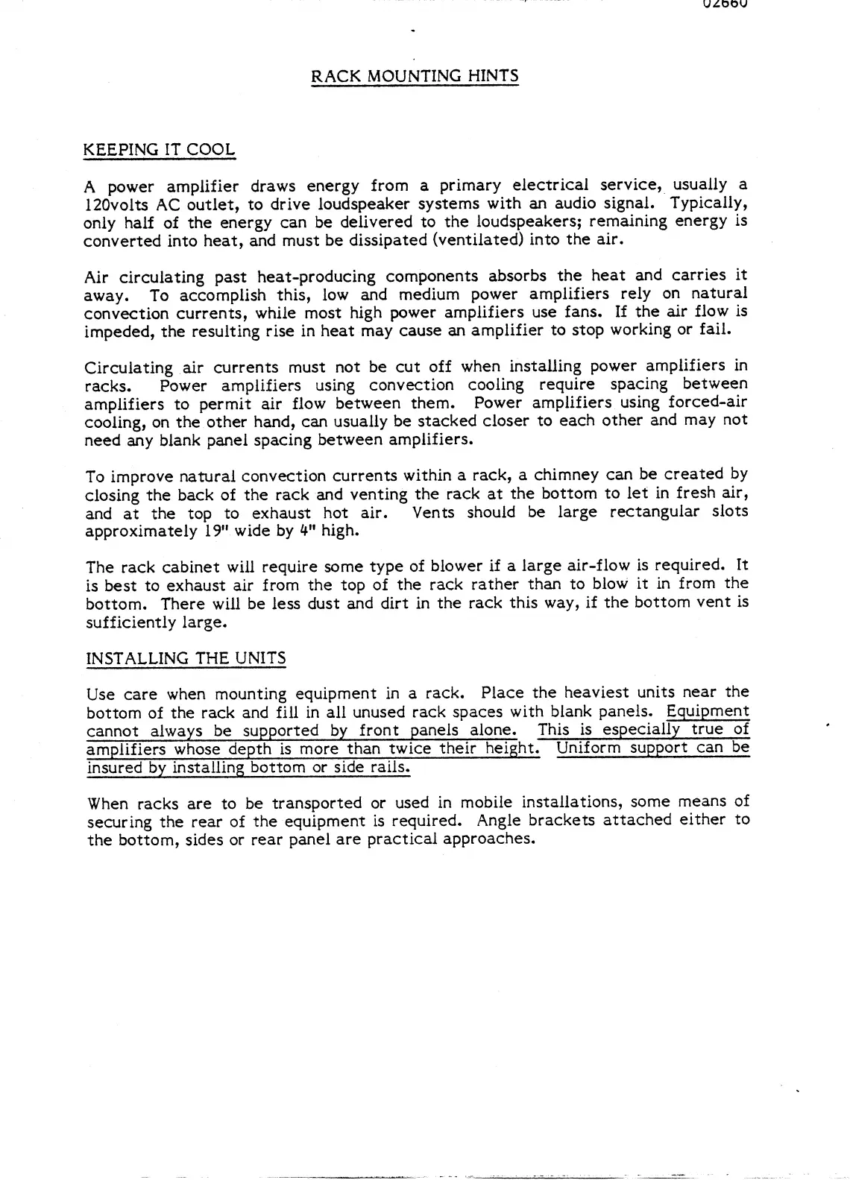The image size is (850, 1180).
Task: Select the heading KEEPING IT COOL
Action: pyautogui.click(x=159, y=149)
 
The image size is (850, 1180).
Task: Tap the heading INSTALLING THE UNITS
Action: pyautogui.click(x=186, y=659)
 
